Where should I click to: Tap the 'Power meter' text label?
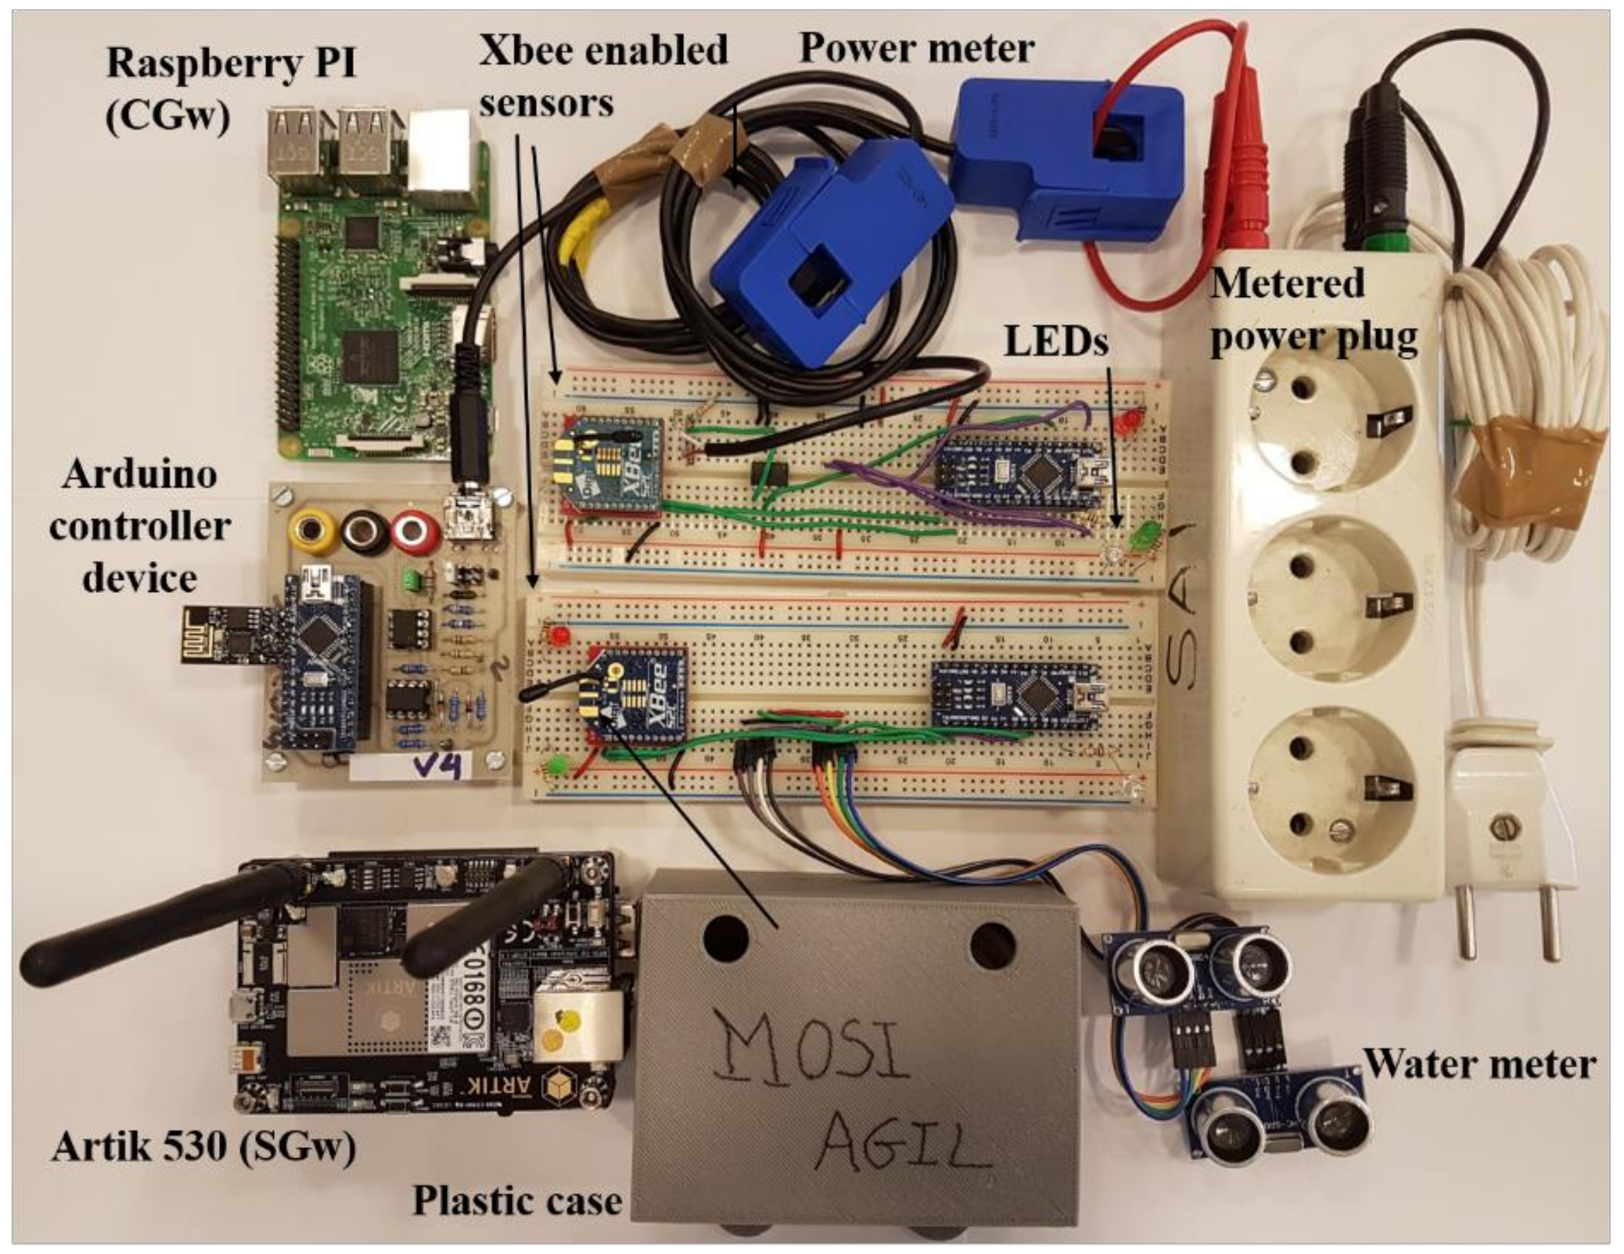pyautogui.click(x=916, y=49)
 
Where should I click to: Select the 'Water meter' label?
pyautogui.click(x=1480, y=1065)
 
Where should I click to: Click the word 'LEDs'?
pyautogui.click(x=1056, y=342)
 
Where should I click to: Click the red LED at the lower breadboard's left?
pyautogui.click(x=559, y=636)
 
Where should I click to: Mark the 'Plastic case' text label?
pyautogui.click(x=517, y=1201)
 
